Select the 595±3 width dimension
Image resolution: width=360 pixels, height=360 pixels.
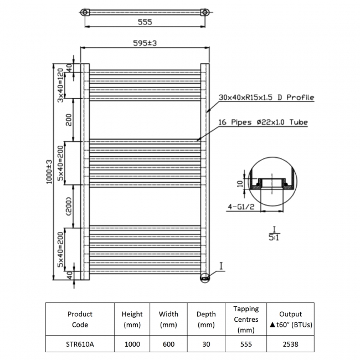pos(145,44)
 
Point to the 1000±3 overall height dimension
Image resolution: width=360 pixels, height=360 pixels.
pos(49,171)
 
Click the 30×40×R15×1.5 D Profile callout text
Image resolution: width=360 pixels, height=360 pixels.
pos(266,97)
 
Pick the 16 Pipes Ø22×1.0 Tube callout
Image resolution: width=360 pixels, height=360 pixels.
pos(263,122)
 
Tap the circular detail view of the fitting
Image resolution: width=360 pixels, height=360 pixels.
pos(271,185)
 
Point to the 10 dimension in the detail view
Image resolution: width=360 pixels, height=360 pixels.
pos(239,184)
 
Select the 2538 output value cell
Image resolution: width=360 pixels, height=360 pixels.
pos(290,344)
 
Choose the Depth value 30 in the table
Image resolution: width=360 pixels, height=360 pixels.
pos(206,344)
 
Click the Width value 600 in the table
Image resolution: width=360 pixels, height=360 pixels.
pos(168,344)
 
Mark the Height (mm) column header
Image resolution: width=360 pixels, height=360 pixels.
pos(132,319)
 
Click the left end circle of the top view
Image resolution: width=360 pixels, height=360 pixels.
pos(84,12)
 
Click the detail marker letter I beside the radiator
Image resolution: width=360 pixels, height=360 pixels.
pos(220,268)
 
